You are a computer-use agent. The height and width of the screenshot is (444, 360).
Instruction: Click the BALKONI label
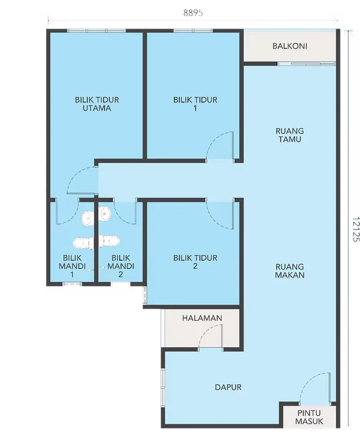tap(289, 46)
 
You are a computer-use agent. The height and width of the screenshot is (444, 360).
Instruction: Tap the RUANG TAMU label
tap(289, 135)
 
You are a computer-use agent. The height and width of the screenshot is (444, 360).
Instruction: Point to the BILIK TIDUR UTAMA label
tap(97, 104)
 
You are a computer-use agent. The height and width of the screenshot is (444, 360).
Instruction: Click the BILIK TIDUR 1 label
tap(195, 104)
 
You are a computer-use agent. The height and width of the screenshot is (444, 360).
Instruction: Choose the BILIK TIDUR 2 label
tap(195, 262)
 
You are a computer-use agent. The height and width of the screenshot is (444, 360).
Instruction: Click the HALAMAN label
tap(202, 318)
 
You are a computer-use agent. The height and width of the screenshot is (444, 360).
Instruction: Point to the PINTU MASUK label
tap(309, 417)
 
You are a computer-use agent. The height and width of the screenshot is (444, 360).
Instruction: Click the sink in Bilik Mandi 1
tap(87, 217)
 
